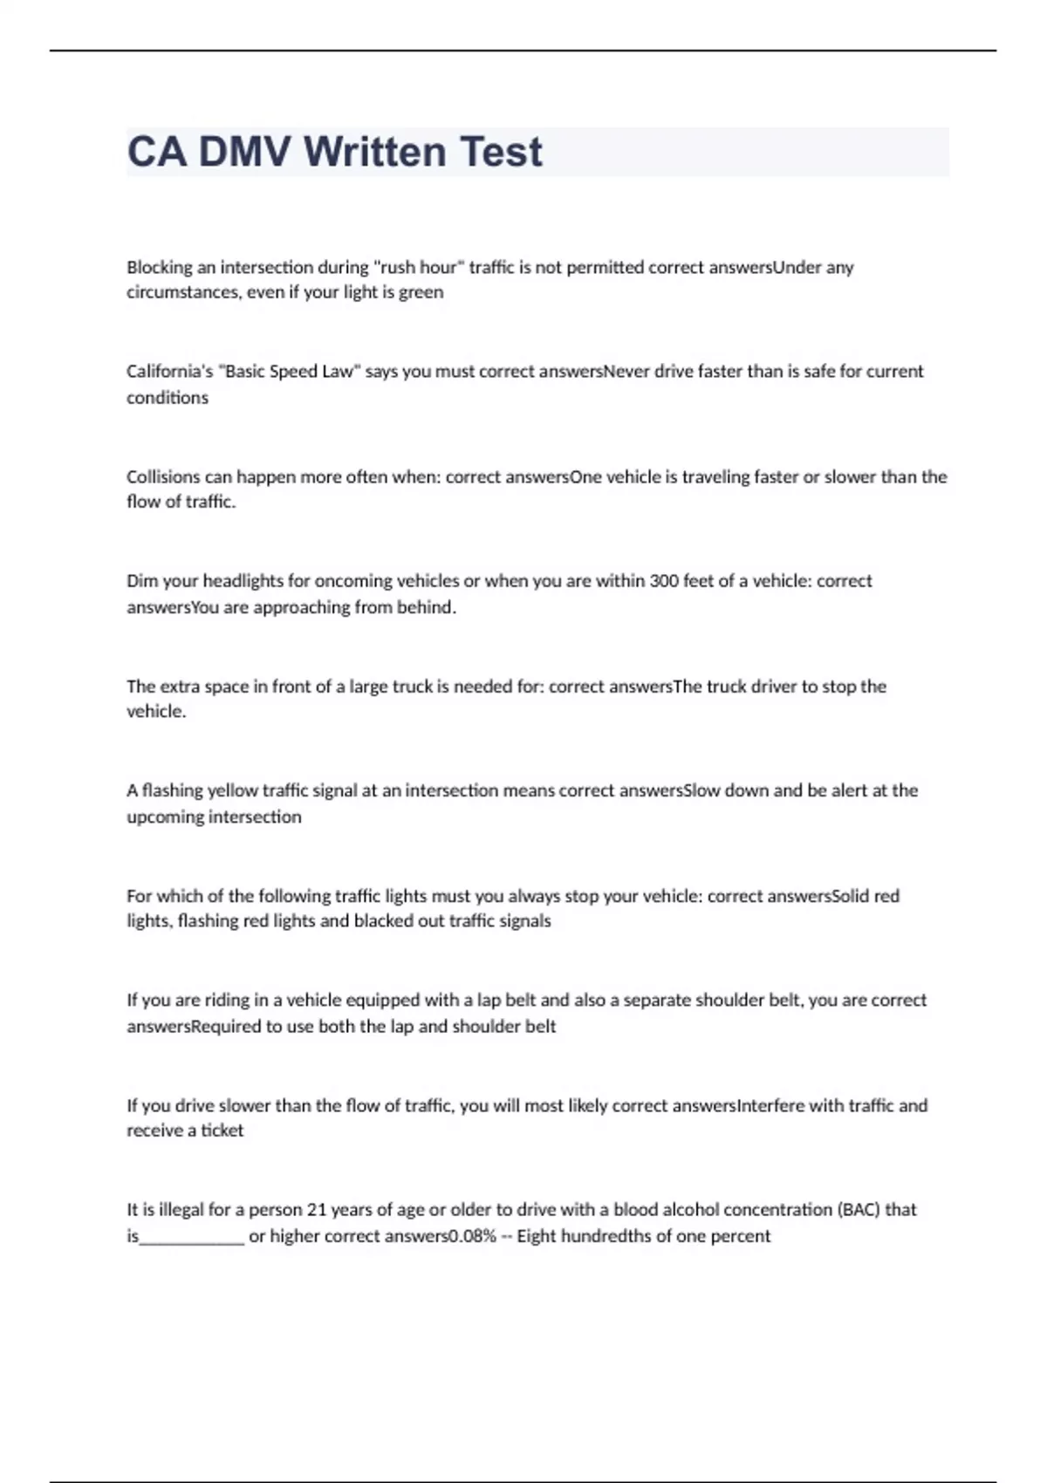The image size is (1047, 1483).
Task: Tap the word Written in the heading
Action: tap(375, 152)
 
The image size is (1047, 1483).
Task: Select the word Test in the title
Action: tap(501, 152)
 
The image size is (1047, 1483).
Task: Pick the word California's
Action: tap(169, 372)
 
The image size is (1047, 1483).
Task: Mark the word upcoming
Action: tap(165, 817)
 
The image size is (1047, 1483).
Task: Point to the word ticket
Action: tap(222, 1131)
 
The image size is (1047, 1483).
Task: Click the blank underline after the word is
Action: tap(192, 1238)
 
